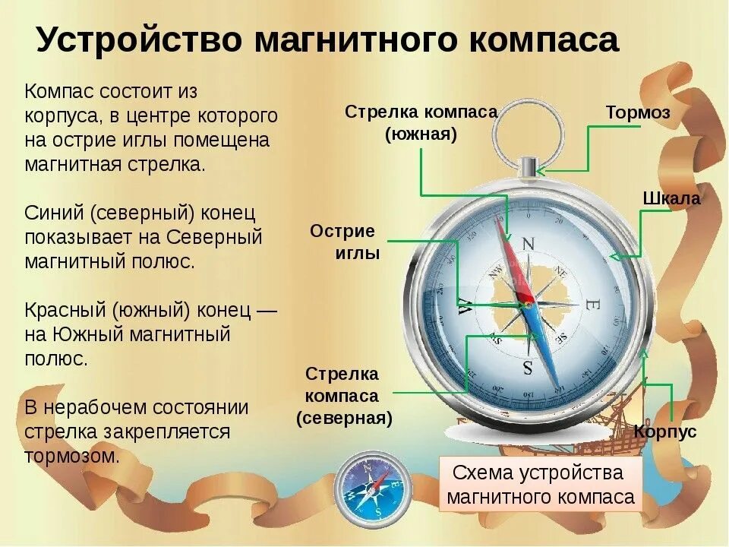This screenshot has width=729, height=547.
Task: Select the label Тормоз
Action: pos(638,112)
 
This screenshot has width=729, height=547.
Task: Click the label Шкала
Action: pos(671,198)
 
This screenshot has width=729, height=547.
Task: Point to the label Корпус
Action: pos(665,432)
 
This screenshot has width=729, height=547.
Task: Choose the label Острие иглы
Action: pos(345,242)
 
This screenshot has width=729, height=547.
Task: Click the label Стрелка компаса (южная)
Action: pos(421,123)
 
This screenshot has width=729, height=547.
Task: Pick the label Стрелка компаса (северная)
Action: pos(343,395)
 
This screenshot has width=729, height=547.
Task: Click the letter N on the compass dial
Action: pos(529,244)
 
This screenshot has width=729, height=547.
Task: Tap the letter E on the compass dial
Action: pos(592,305)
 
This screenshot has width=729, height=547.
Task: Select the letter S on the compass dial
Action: pos(528,368)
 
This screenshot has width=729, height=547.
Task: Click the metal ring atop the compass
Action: pos(528,137)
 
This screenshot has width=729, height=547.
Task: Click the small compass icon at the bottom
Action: pos(372,485)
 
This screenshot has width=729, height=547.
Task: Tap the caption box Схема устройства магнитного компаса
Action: pos(540,485)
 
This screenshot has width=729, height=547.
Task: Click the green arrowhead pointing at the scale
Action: pos(616,257)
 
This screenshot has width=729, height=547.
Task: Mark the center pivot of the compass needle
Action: pos(527,305)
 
